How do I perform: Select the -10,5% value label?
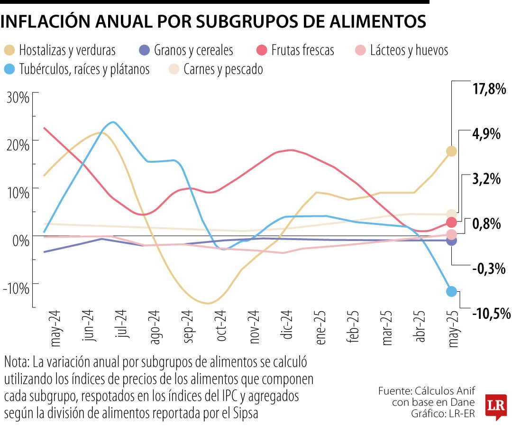[x=491, y=313]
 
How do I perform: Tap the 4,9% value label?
[x=486, y=134]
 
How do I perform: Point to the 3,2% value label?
[x=486, y=179]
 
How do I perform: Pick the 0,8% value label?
[x=486, y=223]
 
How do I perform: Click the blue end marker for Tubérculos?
[x=451, y=291]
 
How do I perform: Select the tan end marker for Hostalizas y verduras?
[x=451, y=151]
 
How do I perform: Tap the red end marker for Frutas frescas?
[x=451, y=222]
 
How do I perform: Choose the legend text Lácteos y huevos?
[x=409, y=50]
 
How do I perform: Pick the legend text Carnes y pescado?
[x=222, y=69]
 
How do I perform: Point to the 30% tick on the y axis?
[x=18, y=98]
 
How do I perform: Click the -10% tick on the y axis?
[x=16, y=288]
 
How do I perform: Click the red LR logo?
[x=496, y=407]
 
